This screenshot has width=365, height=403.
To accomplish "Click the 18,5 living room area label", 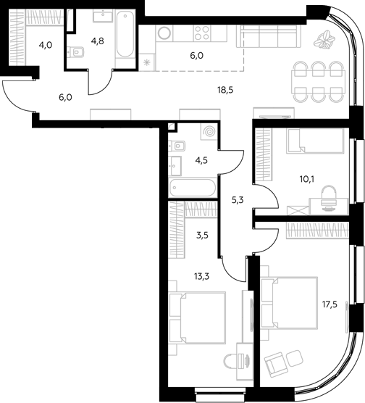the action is [225, 90].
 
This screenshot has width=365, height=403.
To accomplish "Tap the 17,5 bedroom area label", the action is [330, 305].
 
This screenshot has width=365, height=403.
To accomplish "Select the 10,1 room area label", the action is [307, 179].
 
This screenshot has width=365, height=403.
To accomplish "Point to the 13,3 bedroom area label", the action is [202, 277].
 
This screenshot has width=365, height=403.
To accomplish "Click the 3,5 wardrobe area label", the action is [202, 236].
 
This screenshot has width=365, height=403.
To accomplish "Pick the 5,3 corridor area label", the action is [238, 200].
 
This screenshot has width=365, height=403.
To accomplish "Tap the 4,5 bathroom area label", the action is [201, 161].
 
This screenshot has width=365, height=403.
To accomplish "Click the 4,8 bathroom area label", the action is [98, 41].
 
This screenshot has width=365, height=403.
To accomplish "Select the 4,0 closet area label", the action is [46, 46].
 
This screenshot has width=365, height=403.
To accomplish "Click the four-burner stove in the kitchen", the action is [201, 33].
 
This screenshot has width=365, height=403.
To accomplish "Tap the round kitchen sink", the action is [164, 33].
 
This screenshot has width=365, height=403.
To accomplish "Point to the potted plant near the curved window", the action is [324, 39].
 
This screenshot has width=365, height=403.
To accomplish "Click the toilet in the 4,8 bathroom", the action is [75, 52].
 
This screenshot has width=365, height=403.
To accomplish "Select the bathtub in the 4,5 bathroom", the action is [193, 187].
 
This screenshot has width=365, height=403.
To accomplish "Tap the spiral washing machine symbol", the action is [209, 132].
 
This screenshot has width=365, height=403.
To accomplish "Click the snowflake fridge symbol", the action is [147, 62].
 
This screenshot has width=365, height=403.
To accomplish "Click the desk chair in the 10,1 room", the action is [329, 198].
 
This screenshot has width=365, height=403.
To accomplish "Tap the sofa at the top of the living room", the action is [269, 36].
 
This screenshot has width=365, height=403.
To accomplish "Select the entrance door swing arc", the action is [12, 99].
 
